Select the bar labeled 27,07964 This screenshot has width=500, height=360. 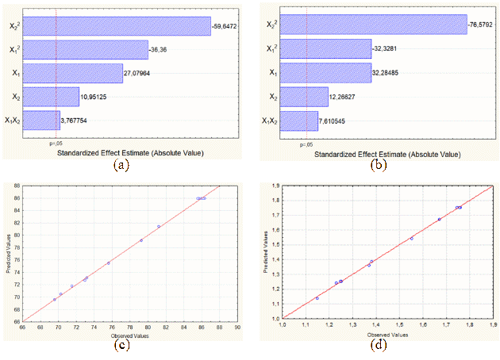click(x=74, y=73)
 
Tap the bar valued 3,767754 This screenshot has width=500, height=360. click(x=42, y=121)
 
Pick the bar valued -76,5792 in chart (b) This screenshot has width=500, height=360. click(x=375, y=25)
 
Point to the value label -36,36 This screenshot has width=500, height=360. click(x=160, y=50)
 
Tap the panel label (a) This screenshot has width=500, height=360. click(x=121, y=165)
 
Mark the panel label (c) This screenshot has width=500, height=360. click(x=121, y=343)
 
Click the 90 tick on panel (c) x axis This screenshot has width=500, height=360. click(x=237, y=327)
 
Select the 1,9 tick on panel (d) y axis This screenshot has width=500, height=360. click(x=275, y=185)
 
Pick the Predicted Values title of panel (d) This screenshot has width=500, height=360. click(x=265, y=251)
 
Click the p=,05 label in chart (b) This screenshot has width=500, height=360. click(x=305, y=144)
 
